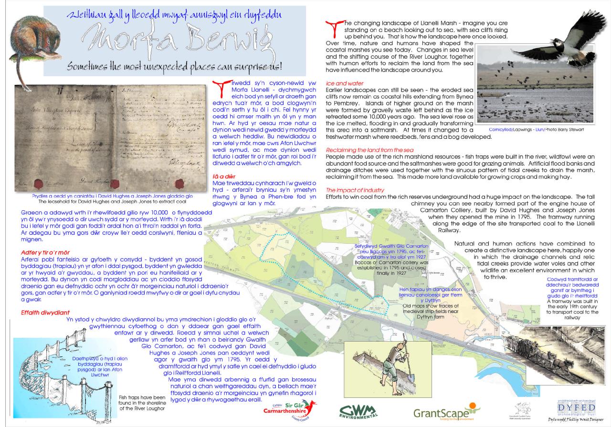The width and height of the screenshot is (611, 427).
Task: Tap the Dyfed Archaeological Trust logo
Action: pyautogui.click(x=577, y=409)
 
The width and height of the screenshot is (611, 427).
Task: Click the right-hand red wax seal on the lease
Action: pyautogui.click(x=180, y=183)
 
